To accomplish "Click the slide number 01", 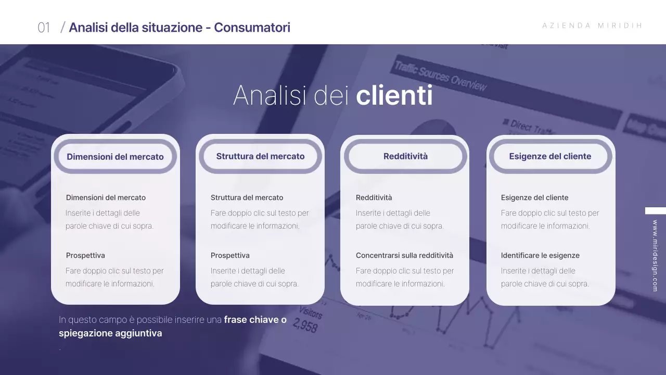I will [x=44, y=28].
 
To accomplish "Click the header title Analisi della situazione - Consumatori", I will [x=180, y=28].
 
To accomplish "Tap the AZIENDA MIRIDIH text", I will [x=592, y=26].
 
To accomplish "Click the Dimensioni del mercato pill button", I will [x=115, y=156].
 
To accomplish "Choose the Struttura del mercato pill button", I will [x=260, y=156].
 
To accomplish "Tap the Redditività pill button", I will [x=405, y=156].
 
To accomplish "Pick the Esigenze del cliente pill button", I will [x=550, y=156].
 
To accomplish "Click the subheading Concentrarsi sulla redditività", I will [x=404, y=255].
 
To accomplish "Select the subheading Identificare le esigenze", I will [x=540, y=255].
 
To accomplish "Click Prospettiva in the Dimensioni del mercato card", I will [x=85, y=255].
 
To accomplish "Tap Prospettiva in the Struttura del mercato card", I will [x=230, y=255].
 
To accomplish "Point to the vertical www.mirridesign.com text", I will [x=655, y=255].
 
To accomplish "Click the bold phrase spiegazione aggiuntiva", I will [x=110, y=333].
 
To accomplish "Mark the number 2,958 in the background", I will [x=305, y=326].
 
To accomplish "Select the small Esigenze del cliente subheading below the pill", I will [x=534, y=197].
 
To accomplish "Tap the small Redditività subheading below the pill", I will [x=374, y=197].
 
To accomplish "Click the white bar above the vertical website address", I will [x=655, y=210].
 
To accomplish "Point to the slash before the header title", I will [x=62, y=28].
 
